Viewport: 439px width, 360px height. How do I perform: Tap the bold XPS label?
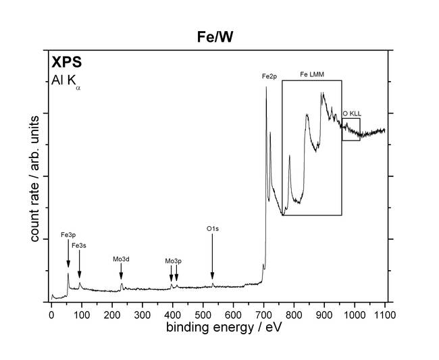click(x=67, y=63)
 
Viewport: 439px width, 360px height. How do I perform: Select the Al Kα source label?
click(x=66, y=81)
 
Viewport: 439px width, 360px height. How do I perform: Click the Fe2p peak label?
click(x=269, y=77)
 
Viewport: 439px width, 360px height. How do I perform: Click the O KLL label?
click(x=351, y=114)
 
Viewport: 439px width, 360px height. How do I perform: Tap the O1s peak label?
click(x=213, y=229)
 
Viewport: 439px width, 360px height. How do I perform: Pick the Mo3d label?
click(x=122, y=258)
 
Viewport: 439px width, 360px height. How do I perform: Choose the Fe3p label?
click(x=68, y=236)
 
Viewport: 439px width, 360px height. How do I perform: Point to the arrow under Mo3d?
click(x=121, y=272)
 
